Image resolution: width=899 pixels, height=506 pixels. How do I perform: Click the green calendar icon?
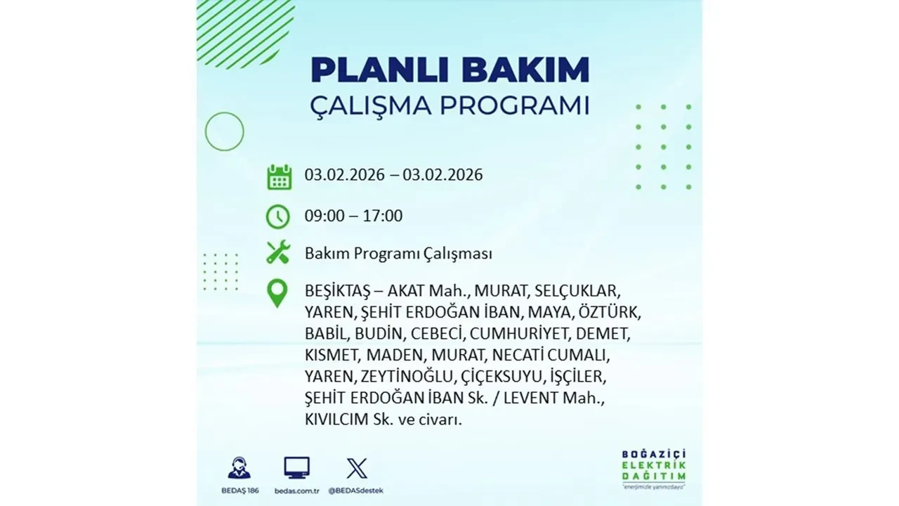(279, 176)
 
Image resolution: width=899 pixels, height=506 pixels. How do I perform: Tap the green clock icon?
(278, 216)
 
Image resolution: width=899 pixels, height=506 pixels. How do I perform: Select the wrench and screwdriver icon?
(278, 252)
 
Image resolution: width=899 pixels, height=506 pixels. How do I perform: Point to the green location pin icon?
(277, 293)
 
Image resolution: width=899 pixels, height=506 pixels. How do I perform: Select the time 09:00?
(324, 216)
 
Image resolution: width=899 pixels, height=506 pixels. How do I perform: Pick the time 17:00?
(383, 216)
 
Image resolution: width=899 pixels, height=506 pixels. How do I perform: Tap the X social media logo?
(356, 467)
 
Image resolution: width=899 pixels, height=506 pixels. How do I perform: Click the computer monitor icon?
(296, 467)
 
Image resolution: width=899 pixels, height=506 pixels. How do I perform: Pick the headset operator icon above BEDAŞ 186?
(239, 468)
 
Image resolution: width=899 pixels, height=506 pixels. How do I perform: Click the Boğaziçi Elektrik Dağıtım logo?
(653, 467)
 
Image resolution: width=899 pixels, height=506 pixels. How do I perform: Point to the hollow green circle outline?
(225, 131)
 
